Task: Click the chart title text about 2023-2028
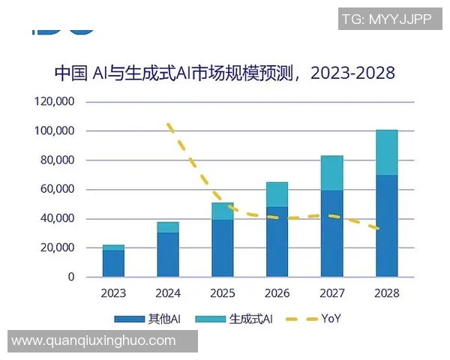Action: (224, 73)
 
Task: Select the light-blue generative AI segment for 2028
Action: (386, 152)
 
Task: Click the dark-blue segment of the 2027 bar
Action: (331, 233)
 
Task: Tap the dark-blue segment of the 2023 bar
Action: (113, 263)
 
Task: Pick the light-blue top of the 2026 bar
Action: (277, 194)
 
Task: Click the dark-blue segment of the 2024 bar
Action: (168, 254)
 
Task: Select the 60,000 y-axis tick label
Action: (57, 190)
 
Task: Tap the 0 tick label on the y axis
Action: (71, 277)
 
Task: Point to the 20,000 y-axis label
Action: (57, 248)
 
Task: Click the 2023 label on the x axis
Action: (113, 293)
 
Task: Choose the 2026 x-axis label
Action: (277, 293)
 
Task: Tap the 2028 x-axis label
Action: (386, 293)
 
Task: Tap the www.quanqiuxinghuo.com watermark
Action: (94, 341)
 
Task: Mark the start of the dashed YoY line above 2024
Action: (169, 124)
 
